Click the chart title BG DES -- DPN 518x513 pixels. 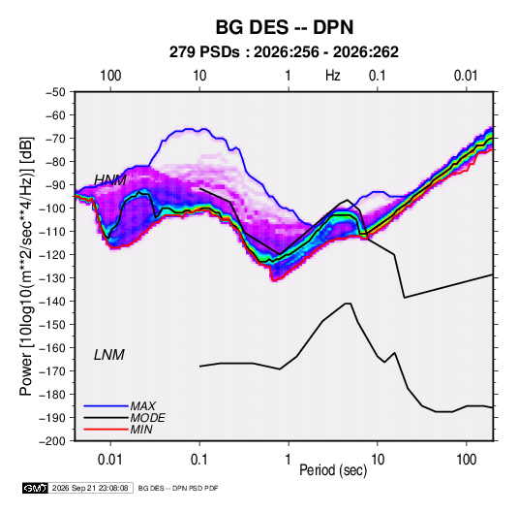coord(285,27)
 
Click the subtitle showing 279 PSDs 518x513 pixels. coord(284,52)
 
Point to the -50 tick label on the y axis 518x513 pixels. coord(55,92)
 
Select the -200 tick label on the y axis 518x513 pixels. coord(52,441)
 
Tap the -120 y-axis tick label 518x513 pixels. coord(52,255)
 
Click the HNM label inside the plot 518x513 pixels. coord(110,180)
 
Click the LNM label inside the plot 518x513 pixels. coord(109,355)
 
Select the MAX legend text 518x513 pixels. coord(143,406)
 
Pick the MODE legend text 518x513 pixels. coord(148,418)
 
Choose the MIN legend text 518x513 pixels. coord(141,430)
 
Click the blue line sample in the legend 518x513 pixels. coord(106,406)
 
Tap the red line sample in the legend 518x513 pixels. coord(106,430)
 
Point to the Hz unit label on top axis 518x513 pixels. coord(333,76)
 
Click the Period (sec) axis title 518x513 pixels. coord(333,470)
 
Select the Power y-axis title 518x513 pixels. coord(26,267)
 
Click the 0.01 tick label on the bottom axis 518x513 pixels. coord(110,460)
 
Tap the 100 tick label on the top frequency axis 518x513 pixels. coord(110,76)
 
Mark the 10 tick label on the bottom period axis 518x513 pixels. coord(378,460)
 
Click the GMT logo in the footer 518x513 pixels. coord(36,488)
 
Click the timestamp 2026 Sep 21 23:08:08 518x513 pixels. coord(90,488)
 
